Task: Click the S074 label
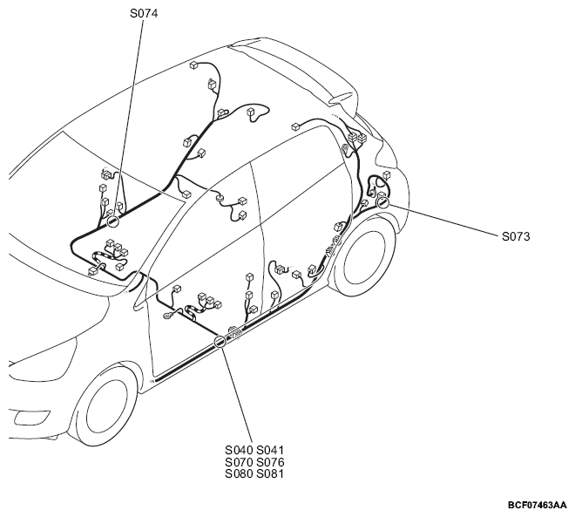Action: point(144,14)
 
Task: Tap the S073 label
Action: point(516,236)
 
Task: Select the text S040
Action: point(239,450)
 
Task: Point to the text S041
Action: point(270,450)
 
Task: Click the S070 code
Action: point(239,462)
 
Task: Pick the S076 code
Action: point(270,462)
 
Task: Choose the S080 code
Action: point(239,473)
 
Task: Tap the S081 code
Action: point(270,473)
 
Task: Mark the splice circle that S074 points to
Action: point(112,221)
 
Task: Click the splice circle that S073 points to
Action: point(382,202)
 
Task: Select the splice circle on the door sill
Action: point(220,342)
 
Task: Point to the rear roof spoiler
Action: point(294,70)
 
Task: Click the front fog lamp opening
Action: point(31,418)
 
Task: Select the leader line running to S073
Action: point(443,219)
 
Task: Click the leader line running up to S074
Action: point(127,118)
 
